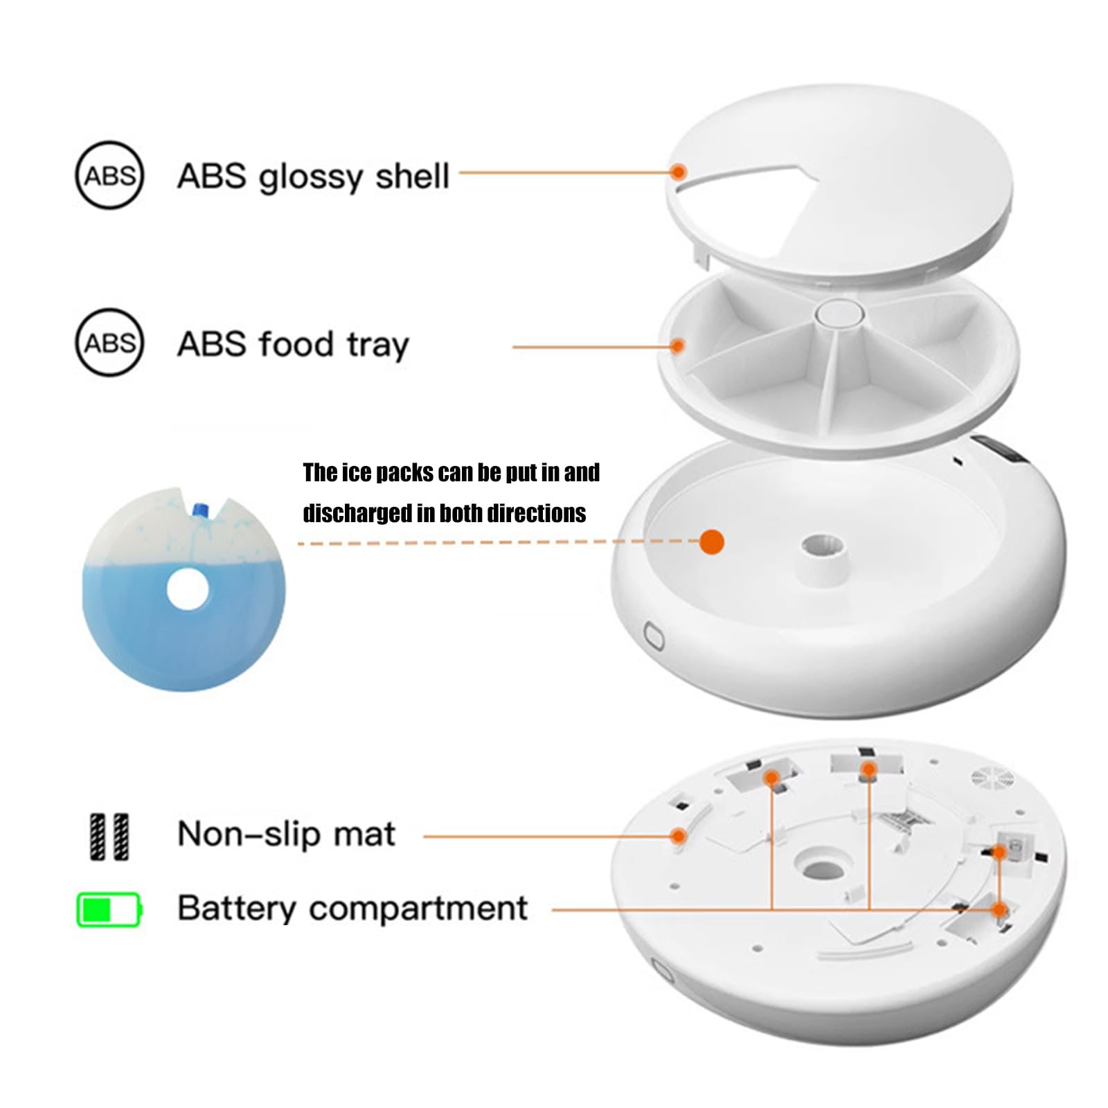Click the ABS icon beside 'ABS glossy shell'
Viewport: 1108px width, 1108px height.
(x=109, y=175)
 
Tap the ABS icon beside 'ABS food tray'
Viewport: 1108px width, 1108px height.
(x=109, y=342)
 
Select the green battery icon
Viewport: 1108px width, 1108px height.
(x=109, y=909)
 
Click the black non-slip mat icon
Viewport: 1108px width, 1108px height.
(x=109, y=837)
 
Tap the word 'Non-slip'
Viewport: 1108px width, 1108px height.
(x=248, y=834)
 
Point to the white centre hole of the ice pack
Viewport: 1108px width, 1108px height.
(x=188, y=589)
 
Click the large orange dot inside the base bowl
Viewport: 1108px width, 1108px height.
(x=712, y=542)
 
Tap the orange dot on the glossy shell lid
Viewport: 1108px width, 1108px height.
(x=679, y=172)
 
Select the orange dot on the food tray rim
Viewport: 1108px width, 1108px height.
(x=678, y=346)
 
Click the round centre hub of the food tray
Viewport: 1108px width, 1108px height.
(x=839, y=312)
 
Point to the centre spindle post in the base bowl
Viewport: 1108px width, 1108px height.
(x=822, y=554)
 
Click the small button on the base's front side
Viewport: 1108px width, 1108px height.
(x=654, y=635)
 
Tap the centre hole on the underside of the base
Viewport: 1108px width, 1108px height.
(x=820, y=867)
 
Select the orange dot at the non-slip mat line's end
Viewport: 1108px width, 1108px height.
(x=679, y=837)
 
